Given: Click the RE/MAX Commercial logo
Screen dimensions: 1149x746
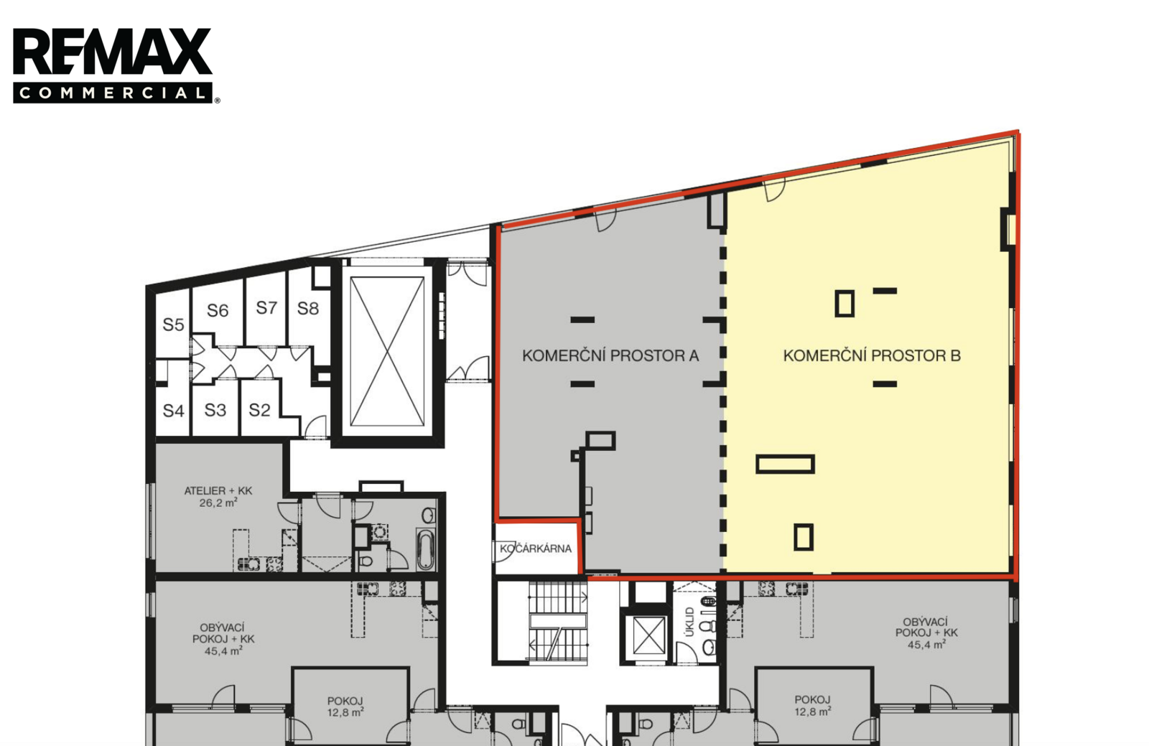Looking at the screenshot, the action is pyautogui.click(x=116, y=65).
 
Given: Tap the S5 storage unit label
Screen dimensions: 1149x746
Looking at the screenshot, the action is pyautogui.click(x=173, y=325).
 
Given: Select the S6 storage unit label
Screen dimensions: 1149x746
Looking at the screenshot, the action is pyautogui.click(x=218, y=310).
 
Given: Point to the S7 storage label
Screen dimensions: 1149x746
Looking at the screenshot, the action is pyautogui.click(x=266, y=307).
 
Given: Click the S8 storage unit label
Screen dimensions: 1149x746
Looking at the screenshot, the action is pyautogui.click(x=308, y=308).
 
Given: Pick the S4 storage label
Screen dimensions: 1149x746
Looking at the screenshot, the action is pyautogui.click(x=173, y=411).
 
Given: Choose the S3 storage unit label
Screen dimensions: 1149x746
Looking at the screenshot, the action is pyautogui.click(x=215, y=410).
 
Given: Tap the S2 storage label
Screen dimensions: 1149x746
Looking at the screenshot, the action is pyautogui.click(x=259, y=410).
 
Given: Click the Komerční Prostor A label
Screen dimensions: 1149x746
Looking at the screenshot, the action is pyautogui.click(x=610, y=355).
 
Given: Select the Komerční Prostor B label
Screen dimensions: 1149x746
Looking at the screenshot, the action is pyautogui.click(x=872, y=355).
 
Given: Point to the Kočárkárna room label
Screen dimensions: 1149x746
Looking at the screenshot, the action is pyautogui.click(x=536, y=549).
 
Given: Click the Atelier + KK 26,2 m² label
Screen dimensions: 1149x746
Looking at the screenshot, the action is pyautogui.click(x=218, y=496).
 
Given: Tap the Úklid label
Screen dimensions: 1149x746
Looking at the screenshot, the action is pyautogui.click(x=690, y=622).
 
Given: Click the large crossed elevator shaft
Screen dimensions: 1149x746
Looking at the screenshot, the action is pyautogui.click(x=387, y=352).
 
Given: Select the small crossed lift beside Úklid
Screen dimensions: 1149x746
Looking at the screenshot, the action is pyautogui.click(x=649, y=635).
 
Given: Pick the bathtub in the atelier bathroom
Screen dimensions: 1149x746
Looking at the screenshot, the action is pyautogui.click(x=426, y=549).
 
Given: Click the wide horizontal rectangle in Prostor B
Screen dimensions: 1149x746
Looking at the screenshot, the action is pyautogui.click(x=786, y=464).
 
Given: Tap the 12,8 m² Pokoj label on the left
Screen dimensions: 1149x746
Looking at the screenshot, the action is pyautogui.click(x=345, y=707).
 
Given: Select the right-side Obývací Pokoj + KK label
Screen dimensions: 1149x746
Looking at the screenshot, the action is pyautogui.click(x=926, y=633).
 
